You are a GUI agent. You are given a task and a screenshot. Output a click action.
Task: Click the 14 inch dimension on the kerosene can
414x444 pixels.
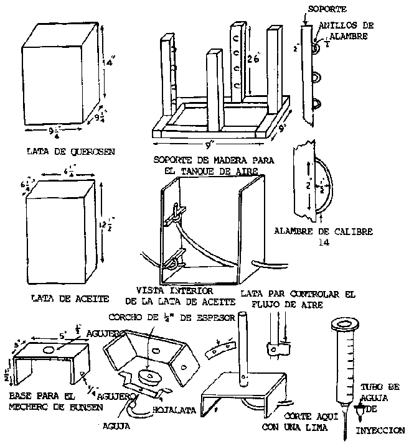point(110,63)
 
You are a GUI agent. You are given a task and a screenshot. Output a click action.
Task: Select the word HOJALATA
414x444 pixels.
point(174,410)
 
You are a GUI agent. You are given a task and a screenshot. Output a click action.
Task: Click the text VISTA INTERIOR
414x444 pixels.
point(175,290)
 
